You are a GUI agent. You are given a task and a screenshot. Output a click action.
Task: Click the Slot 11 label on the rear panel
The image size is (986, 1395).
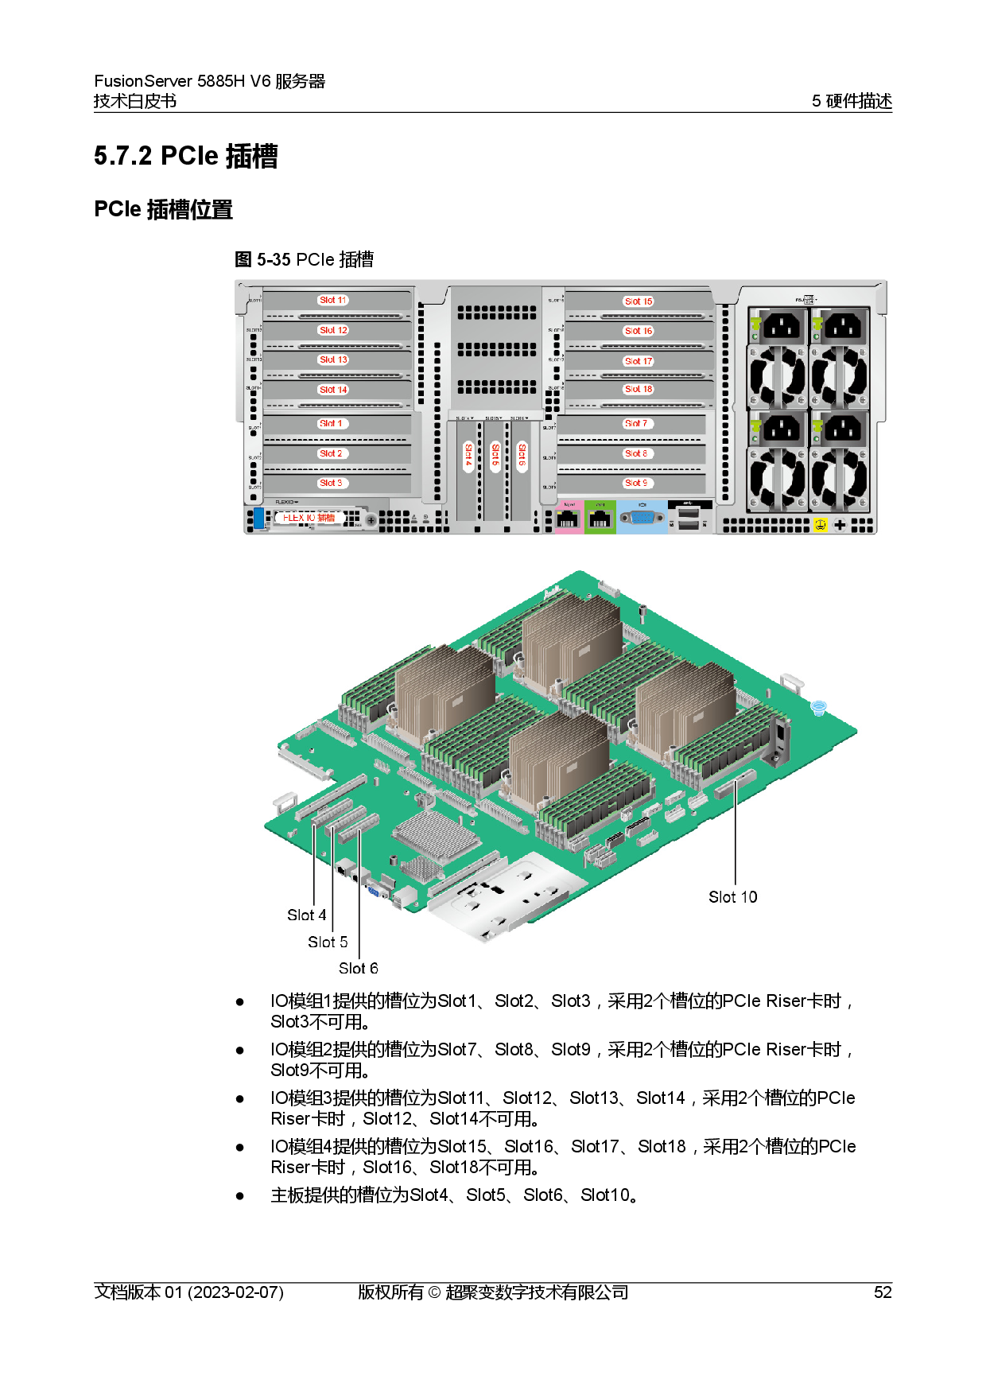333,301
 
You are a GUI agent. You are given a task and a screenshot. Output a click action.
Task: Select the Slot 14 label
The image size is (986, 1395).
333,390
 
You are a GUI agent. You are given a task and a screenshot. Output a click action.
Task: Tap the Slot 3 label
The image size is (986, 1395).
331,484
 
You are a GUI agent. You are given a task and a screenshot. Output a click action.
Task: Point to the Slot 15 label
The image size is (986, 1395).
638,301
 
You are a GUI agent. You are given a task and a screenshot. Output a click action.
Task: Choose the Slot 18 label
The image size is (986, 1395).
638,390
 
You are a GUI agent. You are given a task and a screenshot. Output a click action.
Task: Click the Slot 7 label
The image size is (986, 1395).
636,424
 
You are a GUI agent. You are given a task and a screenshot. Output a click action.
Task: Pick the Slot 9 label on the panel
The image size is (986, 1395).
636,484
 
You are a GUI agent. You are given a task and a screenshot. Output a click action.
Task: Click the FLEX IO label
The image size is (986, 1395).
309,518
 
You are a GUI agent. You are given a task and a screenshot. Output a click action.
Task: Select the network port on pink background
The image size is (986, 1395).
568,520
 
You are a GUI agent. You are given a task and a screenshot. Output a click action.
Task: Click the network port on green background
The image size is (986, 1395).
600,520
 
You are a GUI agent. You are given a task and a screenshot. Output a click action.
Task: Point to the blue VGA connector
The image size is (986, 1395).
642,519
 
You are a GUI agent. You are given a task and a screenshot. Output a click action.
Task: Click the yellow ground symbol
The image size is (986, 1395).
821,525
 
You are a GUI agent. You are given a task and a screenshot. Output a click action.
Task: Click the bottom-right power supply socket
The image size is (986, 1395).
842,430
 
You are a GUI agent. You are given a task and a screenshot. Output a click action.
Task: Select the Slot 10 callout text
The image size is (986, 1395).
732,897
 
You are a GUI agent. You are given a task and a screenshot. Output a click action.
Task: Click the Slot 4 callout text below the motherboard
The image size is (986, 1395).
306,915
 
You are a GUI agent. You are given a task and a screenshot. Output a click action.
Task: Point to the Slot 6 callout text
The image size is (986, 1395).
358,969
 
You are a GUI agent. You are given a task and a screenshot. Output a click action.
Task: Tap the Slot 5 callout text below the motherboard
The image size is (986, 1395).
328,942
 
